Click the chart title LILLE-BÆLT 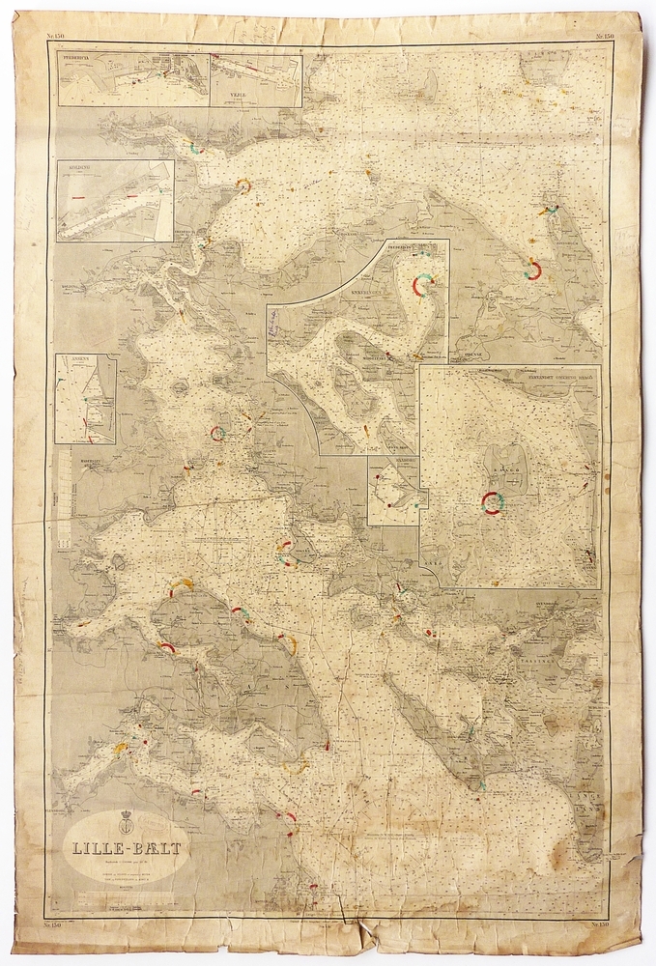pyautogui.click(x=123, y=849)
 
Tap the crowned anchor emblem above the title pyautogui.click(x=124, y=824)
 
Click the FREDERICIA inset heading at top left pyautogui.click(x=80, y=60)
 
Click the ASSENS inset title pyautogui.click(x=72, y=359)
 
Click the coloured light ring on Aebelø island pyautogui.click(x=493, y=501)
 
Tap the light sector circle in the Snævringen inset pyautogui.click(x=423, y=284)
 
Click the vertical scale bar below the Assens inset pyautogui.click(x=65, y=497)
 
